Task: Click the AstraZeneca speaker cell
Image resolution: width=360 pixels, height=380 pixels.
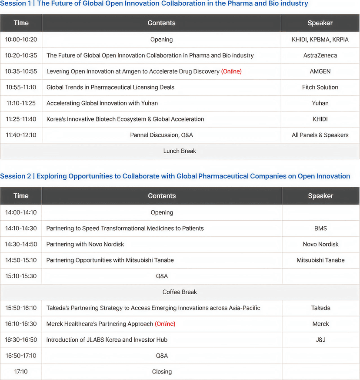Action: (x=320, y=55)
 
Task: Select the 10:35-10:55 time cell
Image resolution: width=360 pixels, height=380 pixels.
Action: (x=21, y=71)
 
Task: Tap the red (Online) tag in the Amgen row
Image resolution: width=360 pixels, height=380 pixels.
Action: (x=231, y=71)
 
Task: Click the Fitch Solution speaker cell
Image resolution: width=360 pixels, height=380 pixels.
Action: (x=320, y=87)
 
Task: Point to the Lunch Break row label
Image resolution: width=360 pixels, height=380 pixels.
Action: (x=180, y=151)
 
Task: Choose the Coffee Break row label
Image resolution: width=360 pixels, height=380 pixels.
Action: (x=180, y=292)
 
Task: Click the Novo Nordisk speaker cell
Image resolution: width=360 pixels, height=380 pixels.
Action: (x=320, y=244)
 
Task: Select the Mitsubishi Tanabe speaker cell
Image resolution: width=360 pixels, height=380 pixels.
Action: (x=320, y=260)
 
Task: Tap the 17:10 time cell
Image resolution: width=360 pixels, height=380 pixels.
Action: (x=21, y=372)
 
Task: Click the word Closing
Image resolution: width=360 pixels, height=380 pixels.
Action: (x=162, y=372)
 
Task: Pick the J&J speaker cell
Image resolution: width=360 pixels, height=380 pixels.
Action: (x=320, y=340)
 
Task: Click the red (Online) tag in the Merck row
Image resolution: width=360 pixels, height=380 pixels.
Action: (x=165, y=324)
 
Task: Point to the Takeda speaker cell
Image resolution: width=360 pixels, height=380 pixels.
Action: (x=320, y=308)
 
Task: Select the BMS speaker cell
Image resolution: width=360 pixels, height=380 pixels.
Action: (x=320, y=228)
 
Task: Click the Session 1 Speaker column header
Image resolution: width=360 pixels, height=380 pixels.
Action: (x=320, y=23)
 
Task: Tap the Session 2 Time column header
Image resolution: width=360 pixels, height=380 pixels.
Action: (x=21, y=196)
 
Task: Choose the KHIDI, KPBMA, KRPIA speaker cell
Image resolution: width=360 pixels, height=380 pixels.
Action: (x=320, y=40)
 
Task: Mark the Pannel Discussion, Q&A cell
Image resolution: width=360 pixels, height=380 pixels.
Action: (x=161, y=135)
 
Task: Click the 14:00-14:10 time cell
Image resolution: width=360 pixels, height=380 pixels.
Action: (x=21, y=212)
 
